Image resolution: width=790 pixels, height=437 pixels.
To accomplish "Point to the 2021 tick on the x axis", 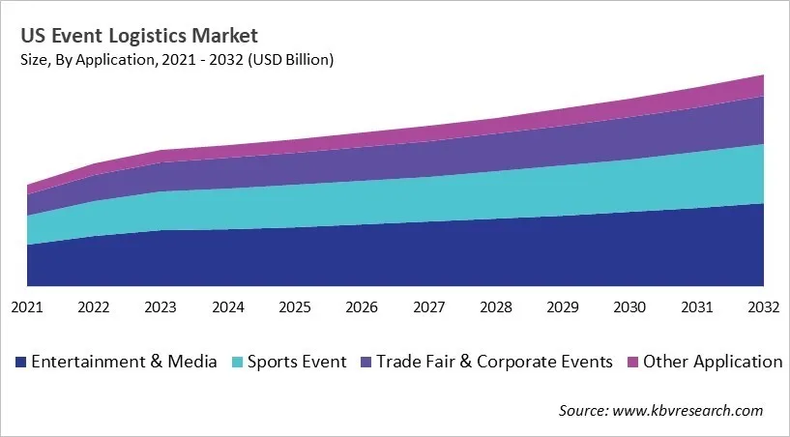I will pos(27,307).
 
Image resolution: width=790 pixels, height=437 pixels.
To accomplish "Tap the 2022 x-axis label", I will pos(94,307).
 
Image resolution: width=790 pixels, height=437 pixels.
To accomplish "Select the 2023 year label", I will pos(161,307).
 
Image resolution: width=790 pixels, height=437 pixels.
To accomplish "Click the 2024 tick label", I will pos(227,307).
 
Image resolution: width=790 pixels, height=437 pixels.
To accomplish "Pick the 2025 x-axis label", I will pos(295,307).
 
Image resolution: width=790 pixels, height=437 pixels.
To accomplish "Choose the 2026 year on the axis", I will pos(362,307).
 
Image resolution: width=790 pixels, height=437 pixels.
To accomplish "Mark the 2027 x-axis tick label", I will pos(428,307).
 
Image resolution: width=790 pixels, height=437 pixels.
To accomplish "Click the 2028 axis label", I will pos(496,307).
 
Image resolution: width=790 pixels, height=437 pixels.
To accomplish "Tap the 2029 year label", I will pos(563,307).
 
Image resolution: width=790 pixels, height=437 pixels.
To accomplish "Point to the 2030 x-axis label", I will pos(629,307).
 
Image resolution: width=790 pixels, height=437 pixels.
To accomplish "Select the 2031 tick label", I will pos(697,307).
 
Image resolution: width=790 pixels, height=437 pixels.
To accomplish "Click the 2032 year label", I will pos(763,307).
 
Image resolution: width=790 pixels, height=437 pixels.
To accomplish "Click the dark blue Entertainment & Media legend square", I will pos(20,363).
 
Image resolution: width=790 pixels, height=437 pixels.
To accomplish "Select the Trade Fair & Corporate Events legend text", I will pos(494,363).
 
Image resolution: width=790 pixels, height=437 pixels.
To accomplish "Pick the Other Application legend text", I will pos(713,363).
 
